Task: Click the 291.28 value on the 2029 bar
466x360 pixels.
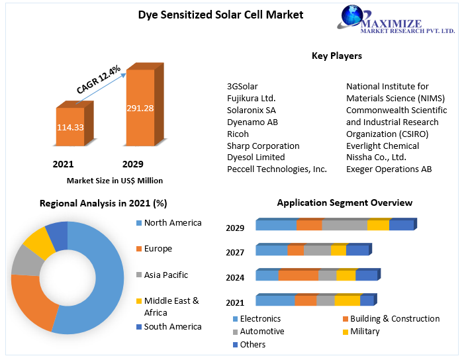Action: click(140, 107)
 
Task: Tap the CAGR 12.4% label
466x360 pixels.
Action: click(98, 80)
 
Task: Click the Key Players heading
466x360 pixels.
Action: click(337, 56)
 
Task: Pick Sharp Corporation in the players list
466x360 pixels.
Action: click(263, 146)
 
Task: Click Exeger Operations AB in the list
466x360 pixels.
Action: click(389, 169)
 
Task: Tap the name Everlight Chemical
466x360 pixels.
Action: click(382, 146)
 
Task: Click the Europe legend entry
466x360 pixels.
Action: click(158, 249)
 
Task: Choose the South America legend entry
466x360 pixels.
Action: click(172, 326)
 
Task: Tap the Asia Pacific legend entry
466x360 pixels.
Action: click(165, 275)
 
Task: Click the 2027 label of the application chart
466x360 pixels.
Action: click(235, 252)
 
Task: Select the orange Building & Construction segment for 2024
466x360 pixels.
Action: click(298, 275)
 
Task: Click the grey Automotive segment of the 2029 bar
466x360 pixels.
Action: click(344, 225)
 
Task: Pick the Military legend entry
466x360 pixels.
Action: click(365, 331)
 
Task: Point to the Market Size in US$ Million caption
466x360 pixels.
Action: click(115, 180)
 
